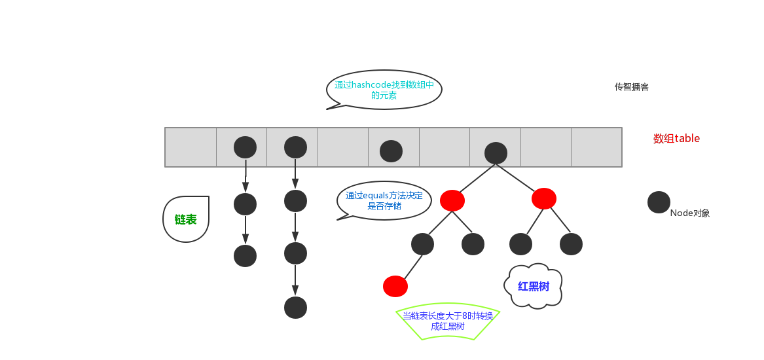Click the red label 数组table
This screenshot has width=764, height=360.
[676, 139]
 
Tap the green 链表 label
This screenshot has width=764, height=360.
[186, 219]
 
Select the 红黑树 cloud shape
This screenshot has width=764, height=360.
[534, 286]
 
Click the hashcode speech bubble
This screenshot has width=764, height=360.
[384, 90]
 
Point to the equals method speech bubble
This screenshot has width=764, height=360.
[384, 200]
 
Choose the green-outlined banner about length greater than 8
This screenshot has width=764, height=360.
[448, 321]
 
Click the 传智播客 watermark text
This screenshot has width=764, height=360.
[631, 86]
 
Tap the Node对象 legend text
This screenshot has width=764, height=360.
[690, 213]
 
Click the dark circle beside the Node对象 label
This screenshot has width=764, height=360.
[659, 202]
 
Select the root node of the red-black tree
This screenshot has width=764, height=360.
[496, 153]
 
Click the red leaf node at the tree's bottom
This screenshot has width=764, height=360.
[395, 286]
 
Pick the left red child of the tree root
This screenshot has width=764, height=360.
[452, 200]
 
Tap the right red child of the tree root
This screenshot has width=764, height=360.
[543, 198]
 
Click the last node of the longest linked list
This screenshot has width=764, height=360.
[295, 308]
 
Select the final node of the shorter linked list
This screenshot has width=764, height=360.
[245, 255]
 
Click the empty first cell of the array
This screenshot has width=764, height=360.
[191, 147]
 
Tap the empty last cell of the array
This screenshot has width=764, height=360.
[596, 147]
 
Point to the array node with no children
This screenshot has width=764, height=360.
[391, 151]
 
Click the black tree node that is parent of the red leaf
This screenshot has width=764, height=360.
[422, 244]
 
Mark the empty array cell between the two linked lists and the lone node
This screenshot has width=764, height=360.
[343, 147]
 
